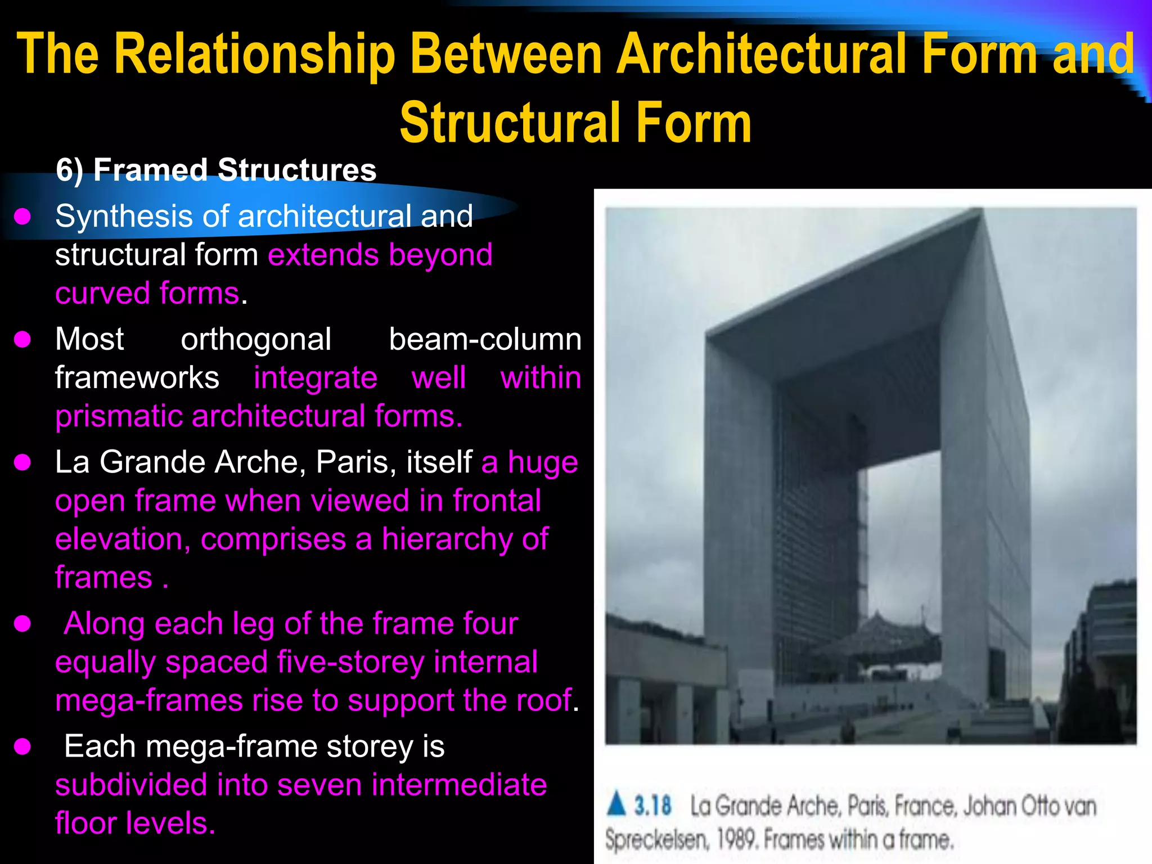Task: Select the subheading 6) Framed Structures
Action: click(216, 170)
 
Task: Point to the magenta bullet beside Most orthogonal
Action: click(22, 339)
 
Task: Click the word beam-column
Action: click(485, 339)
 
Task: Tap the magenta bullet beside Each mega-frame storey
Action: click(22, 746)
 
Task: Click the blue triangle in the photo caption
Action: click(616, 804)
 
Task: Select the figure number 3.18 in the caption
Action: click(652, 805)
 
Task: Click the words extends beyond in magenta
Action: click(380, 255)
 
